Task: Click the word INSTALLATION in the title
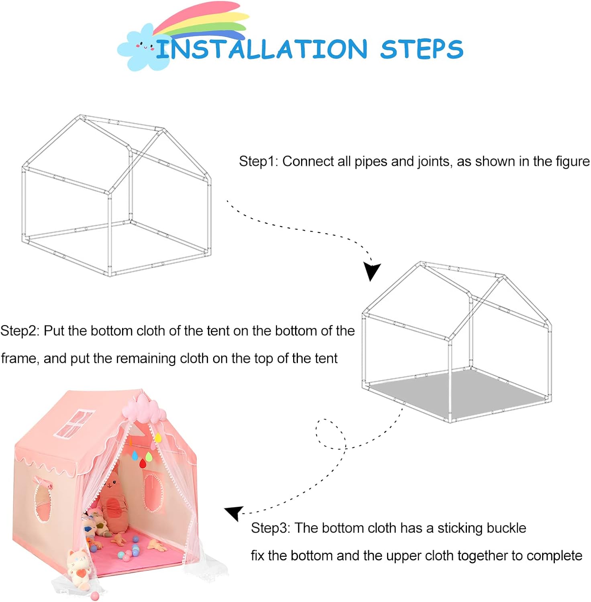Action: [261, 49]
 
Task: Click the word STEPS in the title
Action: [422, 49]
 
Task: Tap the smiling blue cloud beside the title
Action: [139, 47]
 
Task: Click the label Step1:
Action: [258, 161]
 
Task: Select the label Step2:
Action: [20, 331]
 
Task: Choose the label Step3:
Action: [270, 528]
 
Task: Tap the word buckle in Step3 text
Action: [507, 528]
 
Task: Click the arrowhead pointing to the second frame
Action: [371, 271]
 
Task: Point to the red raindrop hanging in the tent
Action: [143, 463]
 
